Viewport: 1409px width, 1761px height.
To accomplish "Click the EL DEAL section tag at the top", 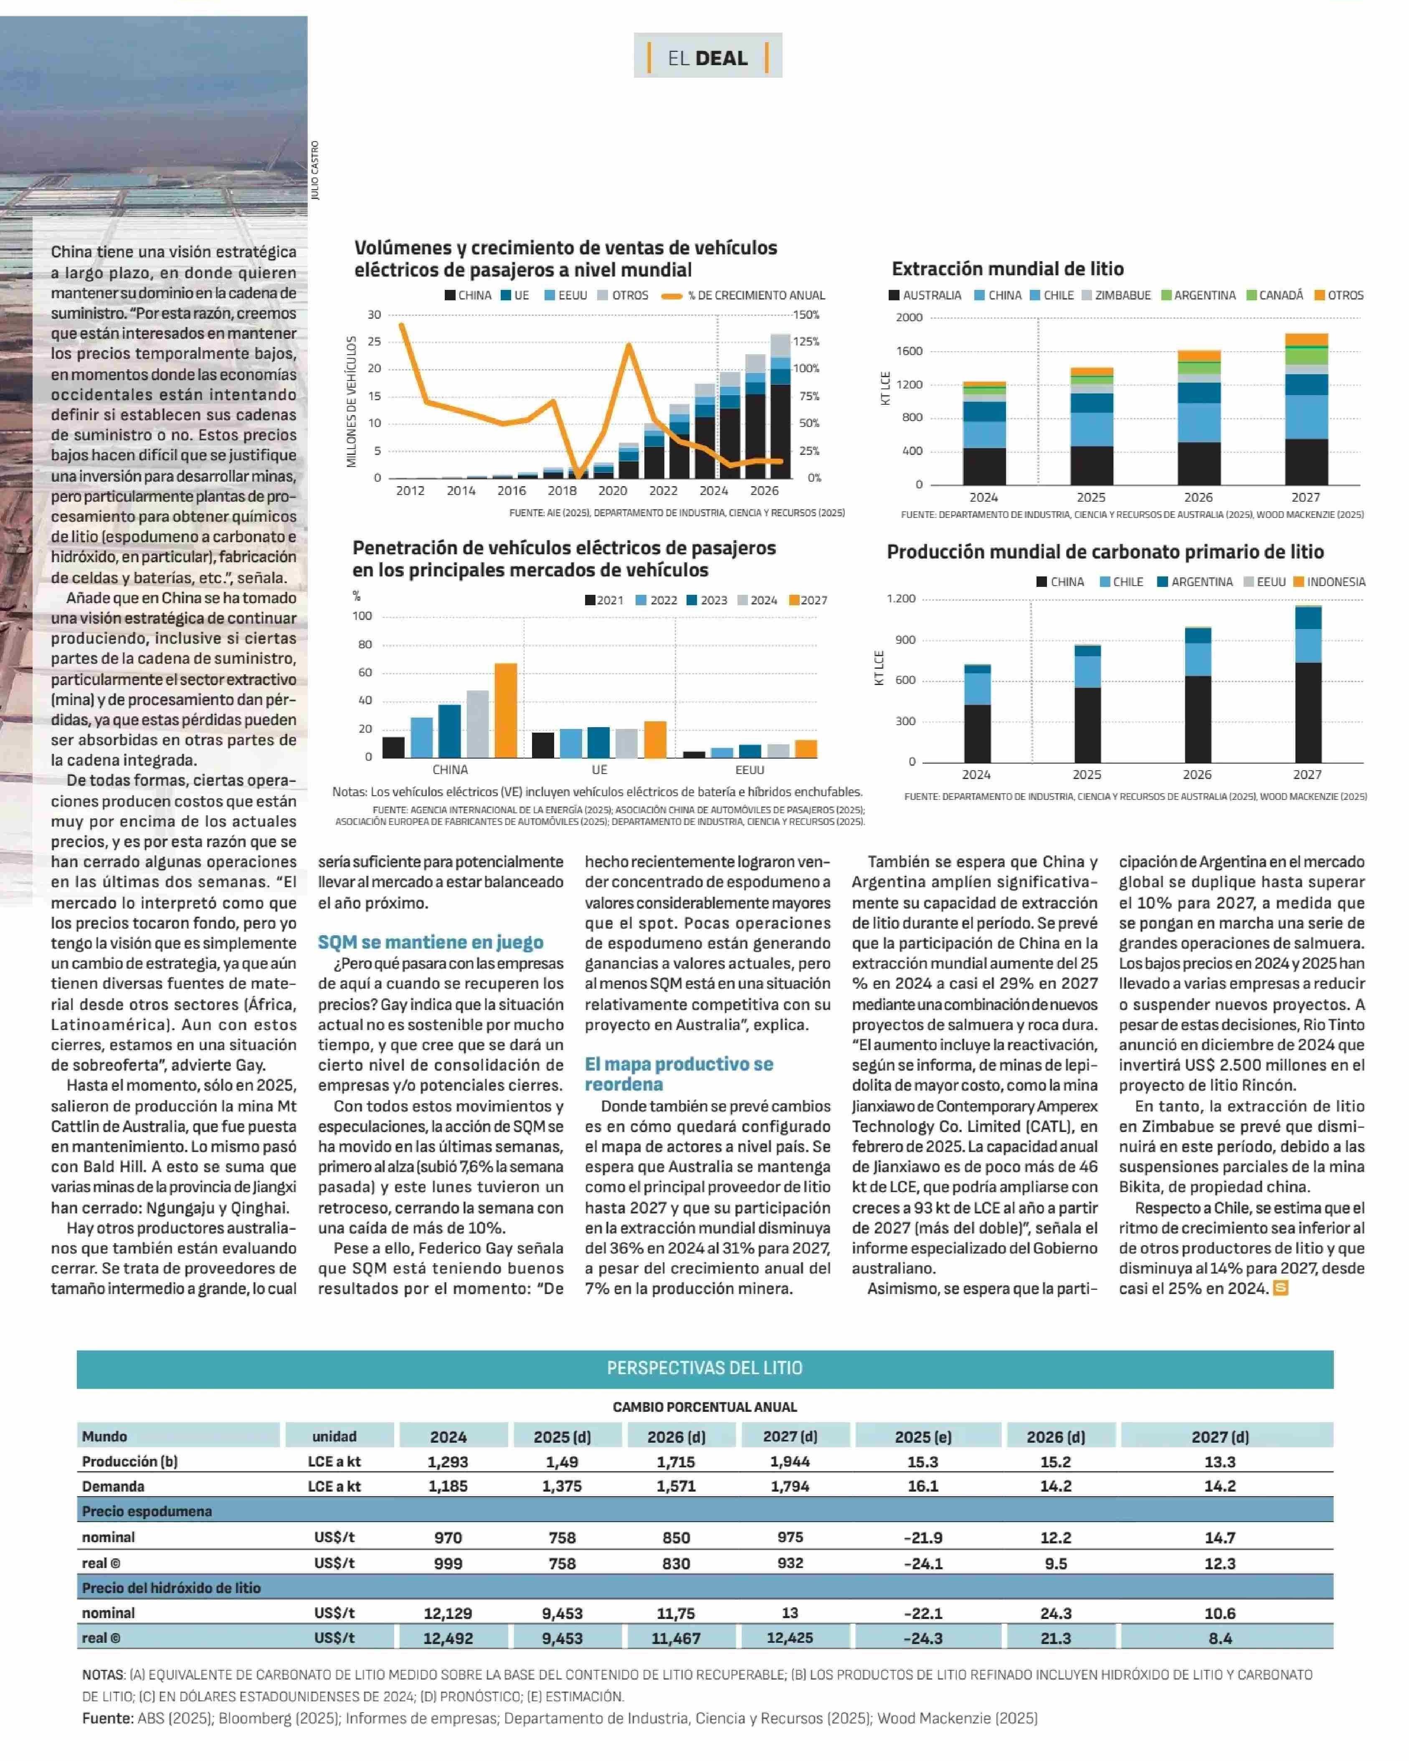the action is (x=707, y=56).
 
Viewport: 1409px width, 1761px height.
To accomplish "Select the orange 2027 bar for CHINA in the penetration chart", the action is (x=506, y=710).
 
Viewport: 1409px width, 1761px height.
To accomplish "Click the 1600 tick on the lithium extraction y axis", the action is (x=909, y=351).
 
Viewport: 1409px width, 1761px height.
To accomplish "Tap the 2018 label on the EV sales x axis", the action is (x=562, y=491).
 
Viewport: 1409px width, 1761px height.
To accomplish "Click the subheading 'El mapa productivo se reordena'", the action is (x=679, y=1074).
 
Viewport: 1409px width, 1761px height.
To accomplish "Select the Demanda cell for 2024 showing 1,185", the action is (x=449, y=1486).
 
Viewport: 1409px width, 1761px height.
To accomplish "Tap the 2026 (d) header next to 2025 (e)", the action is (x=1056, y=1437).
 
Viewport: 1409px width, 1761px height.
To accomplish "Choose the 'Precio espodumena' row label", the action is (x=147, y=1511).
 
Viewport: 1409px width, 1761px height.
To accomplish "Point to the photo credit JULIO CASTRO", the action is (x=315, y=171).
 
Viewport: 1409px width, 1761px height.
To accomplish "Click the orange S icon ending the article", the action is (x=1281, y=1288).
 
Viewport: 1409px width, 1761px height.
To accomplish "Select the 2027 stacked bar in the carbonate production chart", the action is (x=1308, y=684).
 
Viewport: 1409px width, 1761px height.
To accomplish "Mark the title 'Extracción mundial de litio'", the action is (x=1007, y=269).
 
